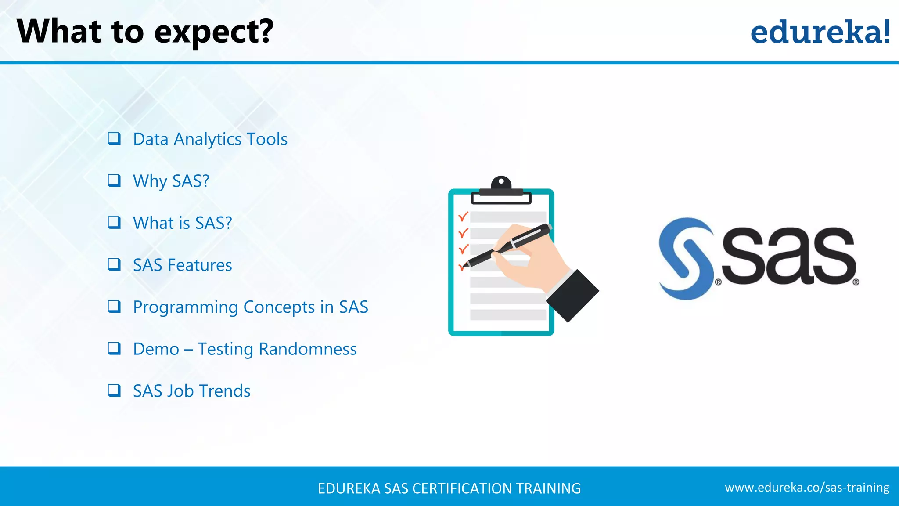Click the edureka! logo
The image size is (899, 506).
(820, 32)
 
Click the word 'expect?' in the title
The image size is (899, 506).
(214, 33)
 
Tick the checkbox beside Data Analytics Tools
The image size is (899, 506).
(114, 139)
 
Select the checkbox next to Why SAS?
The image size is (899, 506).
(114, 181)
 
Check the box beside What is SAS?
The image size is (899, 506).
(114, 223)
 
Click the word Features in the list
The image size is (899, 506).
(200, 265)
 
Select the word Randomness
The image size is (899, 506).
(307, 349)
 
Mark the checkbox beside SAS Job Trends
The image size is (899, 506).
(114, 390)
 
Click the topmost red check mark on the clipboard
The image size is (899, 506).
(463, 217)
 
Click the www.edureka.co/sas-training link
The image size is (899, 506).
(807, 488)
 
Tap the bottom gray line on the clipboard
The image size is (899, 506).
(508, 315)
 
